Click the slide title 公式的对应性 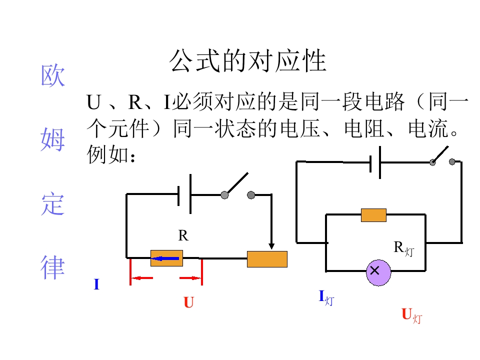(x=248, y=60)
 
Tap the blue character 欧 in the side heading (x=52, y=75)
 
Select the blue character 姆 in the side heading (x=52, y=139)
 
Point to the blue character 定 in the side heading (x=52, y=203)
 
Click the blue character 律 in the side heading (x=52, y=267)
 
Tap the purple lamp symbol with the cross (x=378, y=272)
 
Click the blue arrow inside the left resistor (x=165, y=258)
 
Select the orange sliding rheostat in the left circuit (x=267, y=259)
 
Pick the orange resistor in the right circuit (x=373, y=215)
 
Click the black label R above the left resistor (x=183, y=235)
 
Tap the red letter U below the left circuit (x=188, y=302)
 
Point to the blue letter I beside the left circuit (x=96, y=284)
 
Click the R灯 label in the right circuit (x=404, y=248)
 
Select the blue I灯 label (x=326, y=297)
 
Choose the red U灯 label (x=411, y=315)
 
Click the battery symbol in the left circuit (x=184, y=194)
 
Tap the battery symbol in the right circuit (x=375, y=162)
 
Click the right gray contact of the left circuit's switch (x=251, y=195)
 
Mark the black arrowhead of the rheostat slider (x=271, y=246)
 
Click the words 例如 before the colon (x=108, y=154)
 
